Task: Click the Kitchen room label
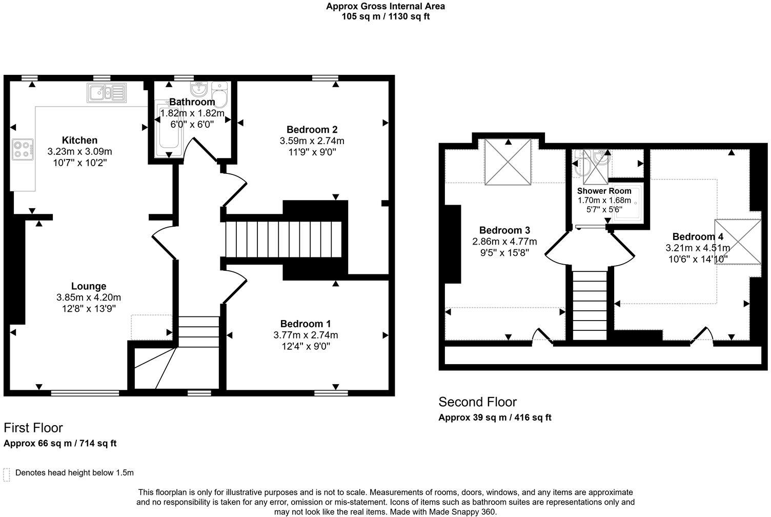click(79, 140)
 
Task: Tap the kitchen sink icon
click(107, 92)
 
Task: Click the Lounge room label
click(89, 286)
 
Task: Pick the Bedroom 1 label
click(306, 324)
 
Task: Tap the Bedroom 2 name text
click(312, 129)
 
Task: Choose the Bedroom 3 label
click(504, 230)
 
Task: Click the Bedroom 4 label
click(698, 236)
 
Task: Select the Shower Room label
click(604, 191)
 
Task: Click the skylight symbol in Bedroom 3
click(508, 162)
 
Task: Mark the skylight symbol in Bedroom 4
click(738, 242)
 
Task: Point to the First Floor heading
click(33, 428)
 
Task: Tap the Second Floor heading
click(477, 402)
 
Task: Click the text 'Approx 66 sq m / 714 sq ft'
click(60, 443)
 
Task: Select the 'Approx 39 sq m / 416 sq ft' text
click(495, 417)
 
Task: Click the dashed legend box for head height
click(7, 474)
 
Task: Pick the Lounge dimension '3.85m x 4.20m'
click(89, 297)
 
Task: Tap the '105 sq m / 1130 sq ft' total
click(386, 16)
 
